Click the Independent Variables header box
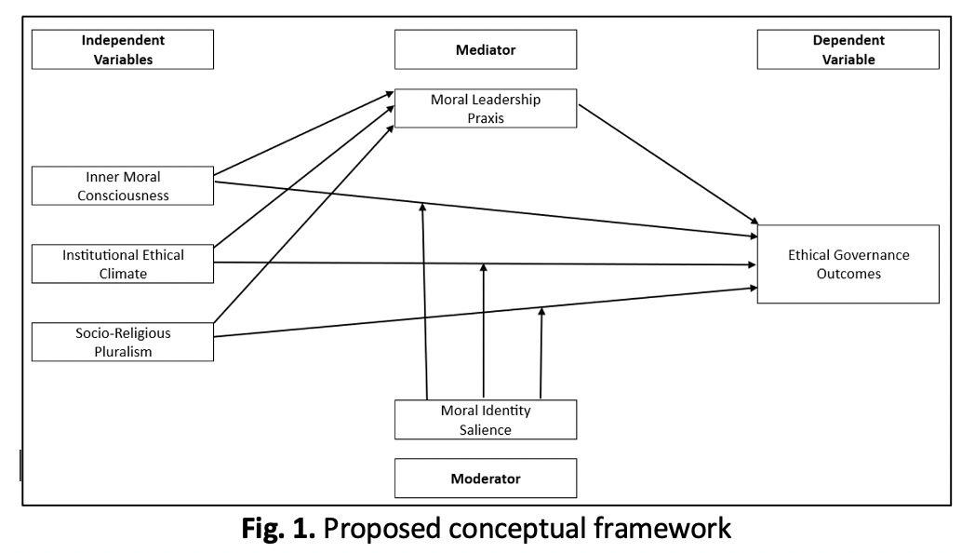[x=123, y=49]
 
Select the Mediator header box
[x=485, y=49]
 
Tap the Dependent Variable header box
[x=848, y=49]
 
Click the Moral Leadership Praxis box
[x=485, y=109]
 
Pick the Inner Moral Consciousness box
[x=123, y=184]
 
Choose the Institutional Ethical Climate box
[x=123, y=263]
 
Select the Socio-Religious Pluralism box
[x=123, y=342]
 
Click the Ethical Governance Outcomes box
[x=848, y=263]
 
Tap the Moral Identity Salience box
[x=485, y=419]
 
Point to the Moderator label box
[x=485, y=479]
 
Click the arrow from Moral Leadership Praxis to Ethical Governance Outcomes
[x=668, y=165]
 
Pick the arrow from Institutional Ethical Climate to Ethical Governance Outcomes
[x=484, y=263]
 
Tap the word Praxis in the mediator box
[x=485, y=118]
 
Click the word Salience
[x=485, y=429]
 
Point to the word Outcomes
[x=848, y=274]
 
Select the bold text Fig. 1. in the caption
[x=279, y=531]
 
